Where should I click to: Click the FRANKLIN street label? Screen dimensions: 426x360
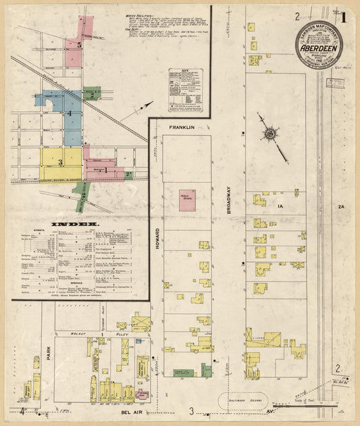pyautogui.click(x=182, y=127)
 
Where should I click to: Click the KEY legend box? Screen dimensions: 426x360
pyautogui.click(x=184, y=90)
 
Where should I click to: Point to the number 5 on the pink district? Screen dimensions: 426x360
pyautogui.click(x=79, y=45)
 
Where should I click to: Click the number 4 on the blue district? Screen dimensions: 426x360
pyautogui.click(x=69, y=113)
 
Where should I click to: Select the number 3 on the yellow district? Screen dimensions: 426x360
pyautogui.click(x=60, y=162)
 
